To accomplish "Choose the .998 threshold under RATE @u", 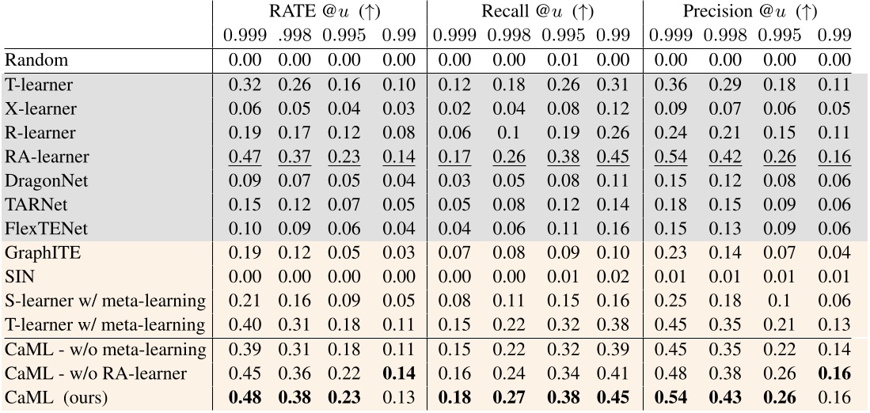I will (291, 36).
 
